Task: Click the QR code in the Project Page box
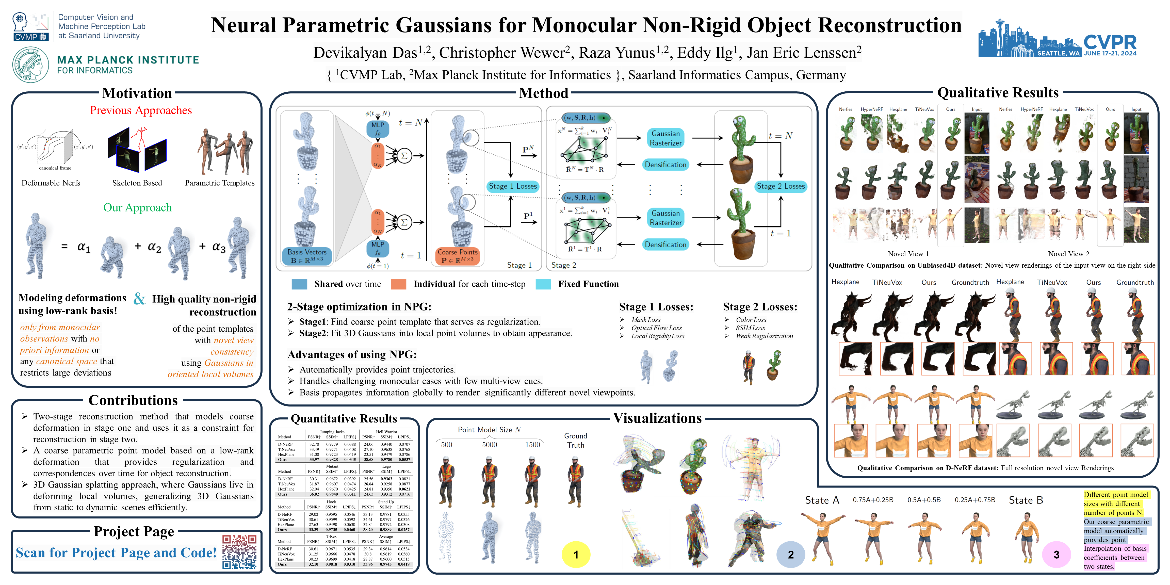click(239, 552)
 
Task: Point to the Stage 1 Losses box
click(513, 186)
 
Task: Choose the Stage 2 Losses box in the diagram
click(781, 186)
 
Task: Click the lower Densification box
click(665, 244)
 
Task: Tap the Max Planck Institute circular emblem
click(30, 64)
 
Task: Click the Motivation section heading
click(137, 93)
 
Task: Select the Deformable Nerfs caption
click(51, 183)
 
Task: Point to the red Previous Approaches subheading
click(141, 110)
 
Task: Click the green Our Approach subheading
click(138, 207)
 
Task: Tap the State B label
click(1026, 500)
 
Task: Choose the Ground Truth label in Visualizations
click(575, 440)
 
